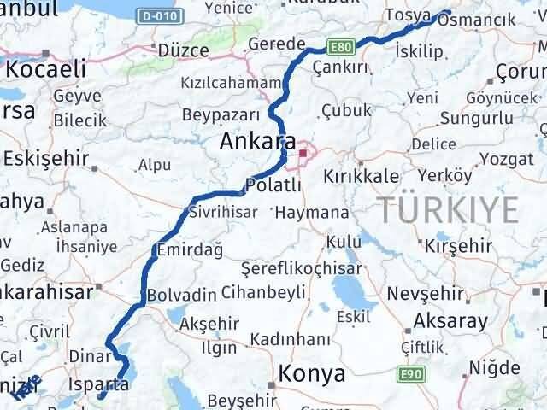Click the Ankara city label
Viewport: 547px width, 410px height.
tap(258, 142)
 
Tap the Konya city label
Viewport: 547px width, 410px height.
tap(311, 374)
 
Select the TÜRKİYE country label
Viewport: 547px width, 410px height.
tap(450, 208)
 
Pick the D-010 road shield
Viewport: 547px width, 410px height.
tap(159, 16)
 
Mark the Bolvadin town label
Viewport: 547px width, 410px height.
tap(181, 295)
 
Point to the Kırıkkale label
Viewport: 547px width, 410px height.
tap(361, 176)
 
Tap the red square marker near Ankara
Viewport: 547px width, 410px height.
tap(303, 154)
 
